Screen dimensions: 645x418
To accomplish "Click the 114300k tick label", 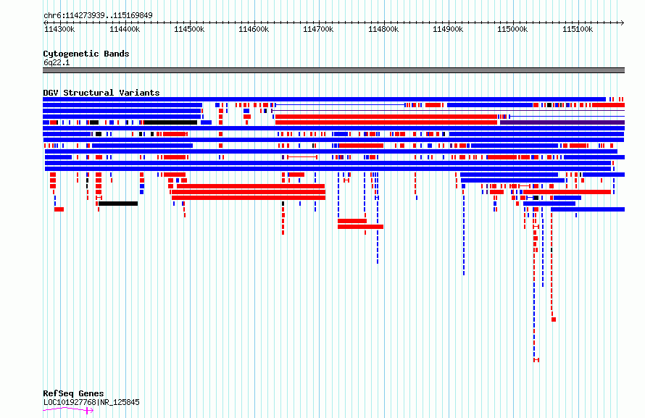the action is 59,29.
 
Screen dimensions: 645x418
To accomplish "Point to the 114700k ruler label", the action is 318,29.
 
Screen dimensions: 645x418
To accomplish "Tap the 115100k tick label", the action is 578,29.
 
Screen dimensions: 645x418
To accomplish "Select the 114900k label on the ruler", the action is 448,29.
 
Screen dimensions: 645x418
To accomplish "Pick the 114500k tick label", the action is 189,29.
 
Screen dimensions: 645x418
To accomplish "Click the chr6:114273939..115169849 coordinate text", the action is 98,16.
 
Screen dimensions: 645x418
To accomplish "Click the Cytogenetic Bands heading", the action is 86,54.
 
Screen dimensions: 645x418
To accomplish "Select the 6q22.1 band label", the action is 57,63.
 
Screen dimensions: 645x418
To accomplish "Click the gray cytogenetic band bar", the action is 333,70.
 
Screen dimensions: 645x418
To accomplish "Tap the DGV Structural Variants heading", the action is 101,93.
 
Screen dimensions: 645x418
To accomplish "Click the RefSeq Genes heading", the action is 73,393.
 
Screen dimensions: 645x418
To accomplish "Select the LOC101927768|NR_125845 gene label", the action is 91,402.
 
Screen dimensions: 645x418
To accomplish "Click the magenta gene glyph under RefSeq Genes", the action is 68,409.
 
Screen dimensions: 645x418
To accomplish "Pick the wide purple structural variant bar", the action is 562,122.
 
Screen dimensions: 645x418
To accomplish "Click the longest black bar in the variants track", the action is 170,122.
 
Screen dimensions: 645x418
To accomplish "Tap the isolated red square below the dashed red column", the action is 554,319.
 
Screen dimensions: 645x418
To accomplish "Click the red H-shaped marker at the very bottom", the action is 536,360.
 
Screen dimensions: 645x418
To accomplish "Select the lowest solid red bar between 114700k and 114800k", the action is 360,227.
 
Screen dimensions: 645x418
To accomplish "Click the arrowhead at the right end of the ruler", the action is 623,23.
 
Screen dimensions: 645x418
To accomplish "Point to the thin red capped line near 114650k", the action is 302,157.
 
